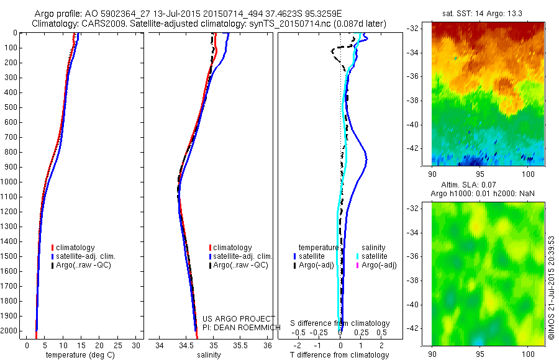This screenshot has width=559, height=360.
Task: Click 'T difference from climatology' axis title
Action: (340, 355)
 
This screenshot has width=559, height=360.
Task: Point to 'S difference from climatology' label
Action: (340, 323)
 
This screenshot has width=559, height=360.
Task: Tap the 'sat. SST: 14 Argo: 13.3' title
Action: (480, 11)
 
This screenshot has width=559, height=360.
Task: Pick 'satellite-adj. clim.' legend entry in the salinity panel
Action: (243, 256)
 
